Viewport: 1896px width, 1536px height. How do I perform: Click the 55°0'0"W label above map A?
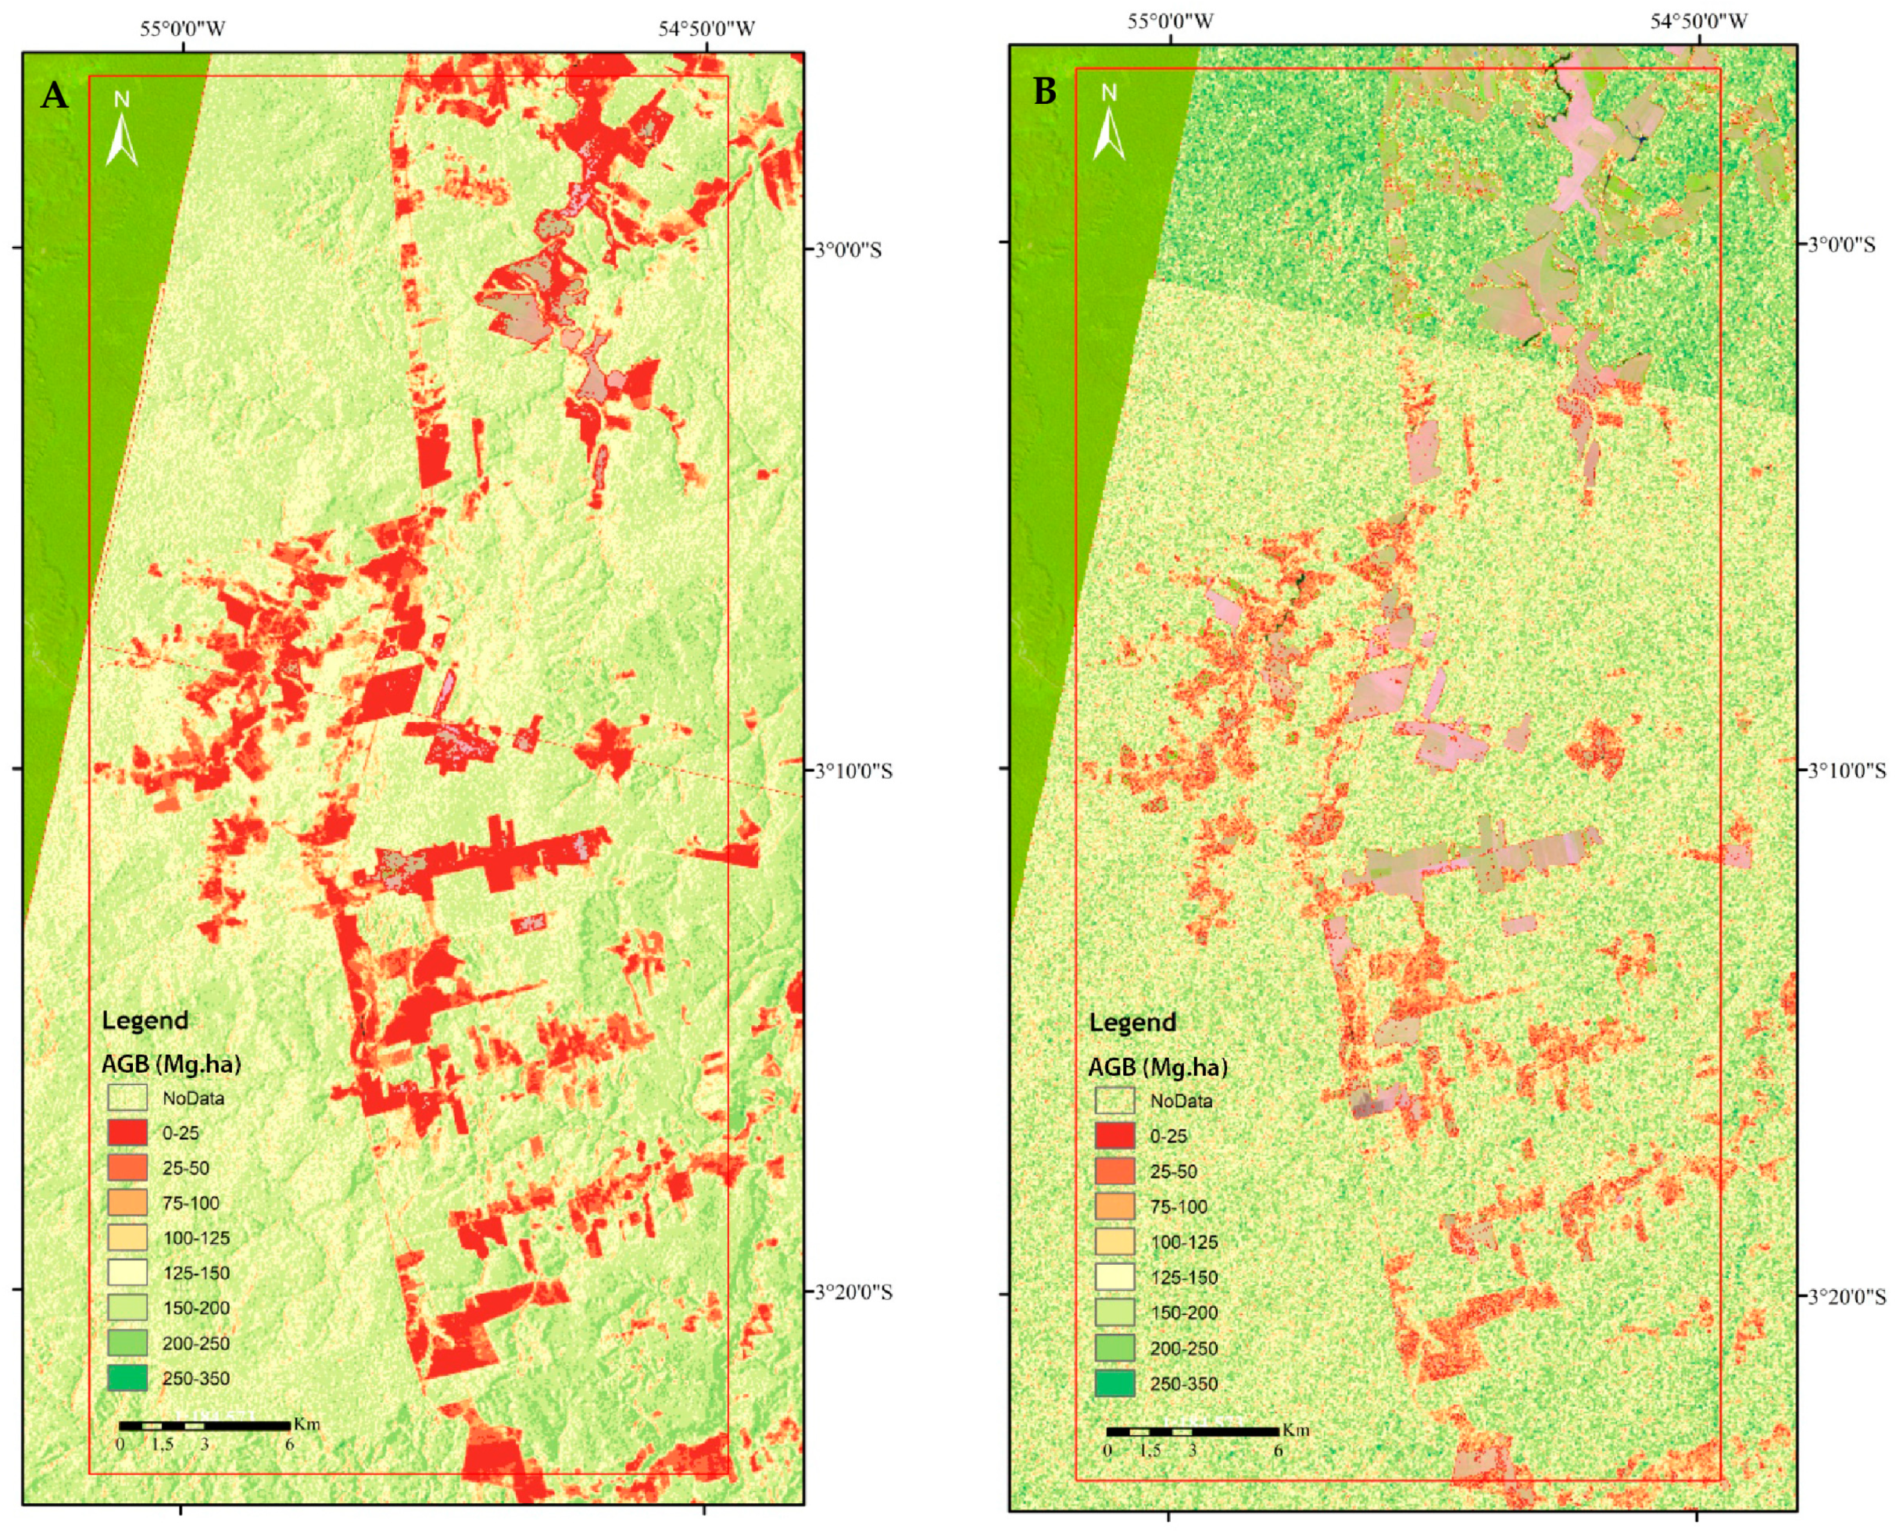pos(183,29)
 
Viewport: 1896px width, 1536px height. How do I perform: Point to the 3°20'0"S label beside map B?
pos(1843,1295)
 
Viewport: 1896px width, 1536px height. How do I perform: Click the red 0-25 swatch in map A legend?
pos(127,1133)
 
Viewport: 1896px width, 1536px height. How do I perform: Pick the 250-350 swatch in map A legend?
pos(127,1377)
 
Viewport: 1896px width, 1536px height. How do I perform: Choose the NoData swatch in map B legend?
pos(1114,1101)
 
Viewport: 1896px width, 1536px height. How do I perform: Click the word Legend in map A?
pos(145,1020)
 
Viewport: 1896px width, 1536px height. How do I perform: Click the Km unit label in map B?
pos(1295,1430)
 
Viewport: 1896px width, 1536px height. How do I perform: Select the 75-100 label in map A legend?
pos(191,1203)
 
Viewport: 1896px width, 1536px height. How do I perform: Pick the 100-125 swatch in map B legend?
pos(1114,1241)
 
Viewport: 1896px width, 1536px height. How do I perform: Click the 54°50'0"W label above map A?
pos(707,29)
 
